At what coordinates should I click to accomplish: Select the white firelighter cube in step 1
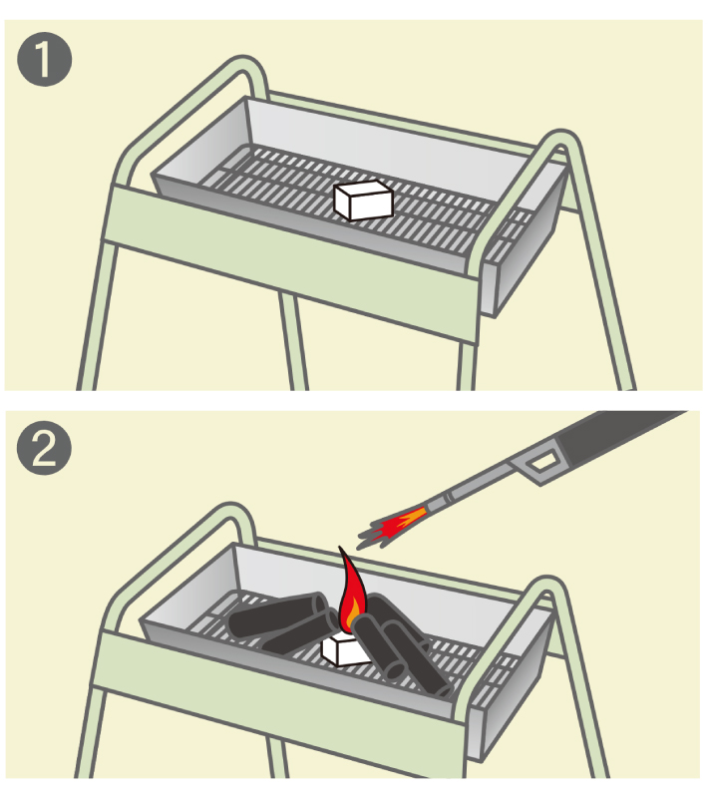[x=364, y=199]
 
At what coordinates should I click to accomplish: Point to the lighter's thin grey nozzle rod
[x=474, y=492]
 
